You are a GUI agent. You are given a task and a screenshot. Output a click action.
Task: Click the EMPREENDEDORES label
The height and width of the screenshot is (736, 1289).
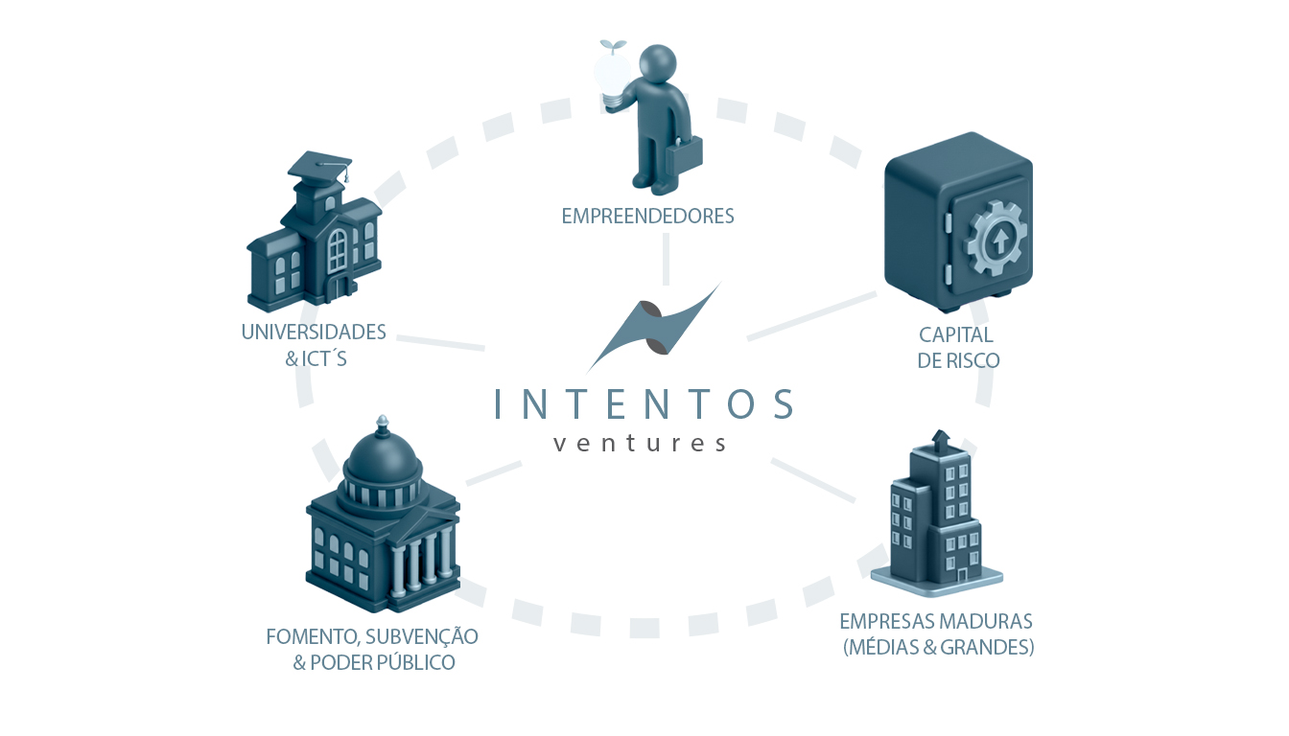(x=647, y=217)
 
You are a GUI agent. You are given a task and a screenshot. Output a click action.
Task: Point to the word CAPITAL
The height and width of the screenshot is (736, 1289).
(x=956, y=334)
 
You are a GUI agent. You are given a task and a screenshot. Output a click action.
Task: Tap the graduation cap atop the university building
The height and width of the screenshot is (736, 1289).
(x=320, y=166)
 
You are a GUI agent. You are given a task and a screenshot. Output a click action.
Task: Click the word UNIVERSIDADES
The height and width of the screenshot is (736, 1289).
(x=314, y=333)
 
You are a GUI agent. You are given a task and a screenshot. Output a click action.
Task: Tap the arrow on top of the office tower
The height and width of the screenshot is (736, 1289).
(x=940, y=441)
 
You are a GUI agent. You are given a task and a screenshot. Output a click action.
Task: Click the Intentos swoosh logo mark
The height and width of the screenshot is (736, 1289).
(x=654, y=328)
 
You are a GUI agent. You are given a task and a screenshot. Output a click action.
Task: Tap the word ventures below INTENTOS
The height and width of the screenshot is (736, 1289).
(x=640, y=444)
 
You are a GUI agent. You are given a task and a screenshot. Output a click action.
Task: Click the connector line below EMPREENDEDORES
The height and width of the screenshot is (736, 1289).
(x=666, y=259)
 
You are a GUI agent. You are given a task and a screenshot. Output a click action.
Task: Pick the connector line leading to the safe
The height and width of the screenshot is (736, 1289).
(x=812, y=316)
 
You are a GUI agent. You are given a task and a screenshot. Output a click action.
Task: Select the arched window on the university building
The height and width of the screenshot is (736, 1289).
(x=337, y=250)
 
